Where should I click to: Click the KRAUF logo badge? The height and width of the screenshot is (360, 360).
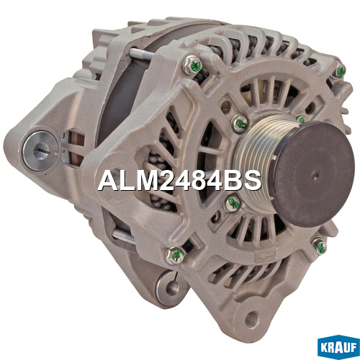click(x=338, y=347)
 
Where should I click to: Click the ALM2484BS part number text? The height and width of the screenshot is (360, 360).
click(x=179, y=181)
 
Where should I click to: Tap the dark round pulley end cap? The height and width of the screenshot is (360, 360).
click(x=311, y=174)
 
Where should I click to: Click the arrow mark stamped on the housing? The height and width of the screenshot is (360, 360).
click(x=265, y=256)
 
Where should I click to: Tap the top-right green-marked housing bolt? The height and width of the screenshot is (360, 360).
click(x=340, y=71)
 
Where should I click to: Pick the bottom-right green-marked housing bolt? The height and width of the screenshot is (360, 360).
click(x=320, y=246)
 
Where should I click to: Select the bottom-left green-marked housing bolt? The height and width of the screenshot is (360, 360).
click(x=176, y=256)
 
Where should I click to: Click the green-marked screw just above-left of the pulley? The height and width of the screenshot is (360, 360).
click(x=240, y=124)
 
